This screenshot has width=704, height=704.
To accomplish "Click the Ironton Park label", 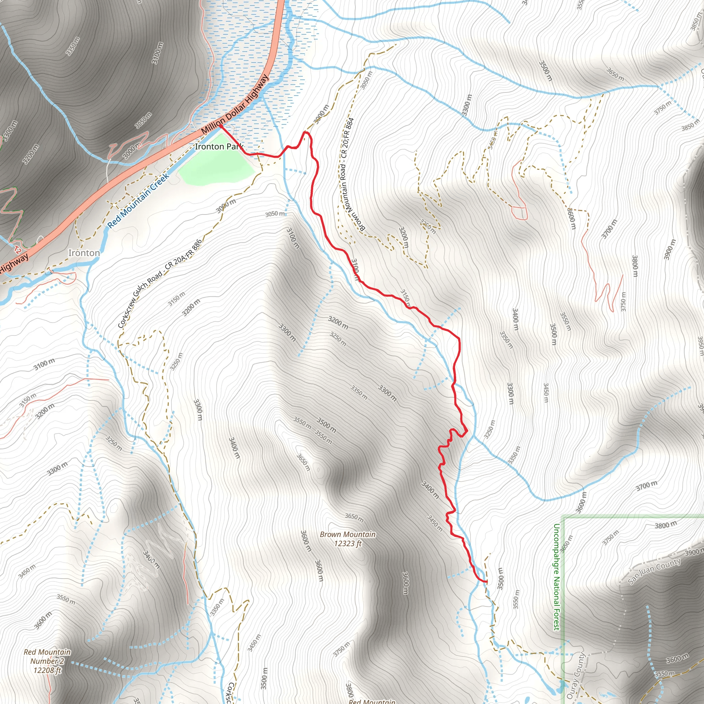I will [x=219, y=146].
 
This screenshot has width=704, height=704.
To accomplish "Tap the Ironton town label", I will [x=84, y=253].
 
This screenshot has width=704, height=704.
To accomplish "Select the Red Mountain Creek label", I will [x=139, y=201].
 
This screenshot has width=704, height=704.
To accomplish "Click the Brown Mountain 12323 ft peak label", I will [x=348, y=539].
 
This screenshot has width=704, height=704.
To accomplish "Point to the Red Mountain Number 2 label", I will [x=47, y=661].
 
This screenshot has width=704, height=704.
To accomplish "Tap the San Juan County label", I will [x=654, y=571].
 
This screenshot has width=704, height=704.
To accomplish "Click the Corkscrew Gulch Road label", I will [x=159, y=284].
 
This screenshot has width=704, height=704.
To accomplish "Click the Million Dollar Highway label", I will [x=235, y=104].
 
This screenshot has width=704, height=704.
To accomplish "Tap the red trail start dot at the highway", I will [x=221, y=126].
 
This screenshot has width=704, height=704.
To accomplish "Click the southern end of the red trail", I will [x=486, y=582].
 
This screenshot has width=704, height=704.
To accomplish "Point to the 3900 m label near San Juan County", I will [x=694, y=553].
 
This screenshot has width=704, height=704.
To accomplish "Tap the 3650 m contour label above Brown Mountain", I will [x=354, y=516].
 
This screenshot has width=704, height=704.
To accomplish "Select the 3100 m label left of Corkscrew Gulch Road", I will [x=44, y=364].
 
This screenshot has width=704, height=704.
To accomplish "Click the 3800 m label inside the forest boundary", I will [x=666, y=525].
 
